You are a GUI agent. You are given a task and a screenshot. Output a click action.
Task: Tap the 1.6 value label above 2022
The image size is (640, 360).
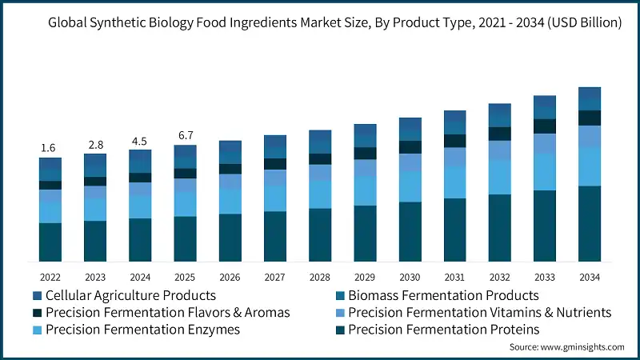(x=48, y=148)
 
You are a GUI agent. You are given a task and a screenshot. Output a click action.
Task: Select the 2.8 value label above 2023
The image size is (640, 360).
(x=95, y=145)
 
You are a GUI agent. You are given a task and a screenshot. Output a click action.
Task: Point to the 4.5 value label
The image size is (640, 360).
(x=139, y=142)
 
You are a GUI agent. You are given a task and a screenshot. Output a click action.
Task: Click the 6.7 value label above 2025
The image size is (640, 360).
(x=185, y=135)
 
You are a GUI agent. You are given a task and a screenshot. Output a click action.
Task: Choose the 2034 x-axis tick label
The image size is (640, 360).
(x=589, y=276)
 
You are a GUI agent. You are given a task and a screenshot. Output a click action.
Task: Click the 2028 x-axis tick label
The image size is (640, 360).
(x=319, y=276)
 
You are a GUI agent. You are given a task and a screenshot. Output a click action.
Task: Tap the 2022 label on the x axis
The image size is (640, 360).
(x=50, y=276)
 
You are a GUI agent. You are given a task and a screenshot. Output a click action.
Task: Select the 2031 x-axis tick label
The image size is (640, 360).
(x=454, y=276)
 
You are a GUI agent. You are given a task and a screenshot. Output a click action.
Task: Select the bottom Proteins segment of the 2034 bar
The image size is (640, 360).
(x=590, y=223)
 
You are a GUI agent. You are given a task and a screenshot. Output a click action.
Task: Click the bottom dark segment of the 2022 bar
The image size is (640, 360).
(x=50, y=242)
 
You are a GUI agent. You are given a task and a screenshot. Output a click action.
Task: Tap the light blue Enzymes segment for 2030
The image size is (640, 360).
(x=410, y=186)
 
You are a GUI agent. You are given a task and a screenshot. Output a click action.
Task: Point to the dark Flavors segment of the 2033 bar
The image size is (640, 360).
(x=545, y=126)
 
